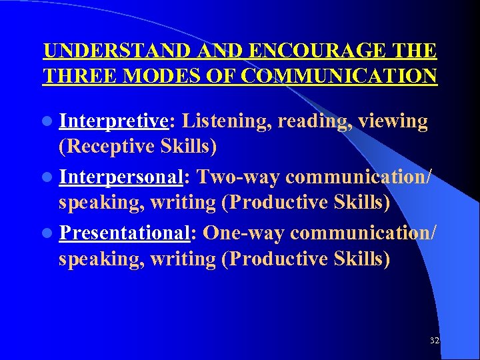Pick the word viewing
point(393,121)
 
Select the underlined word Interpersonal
point(121,177)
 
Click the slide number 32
point(435,341)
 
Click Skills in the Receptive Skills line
point(194,145)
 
